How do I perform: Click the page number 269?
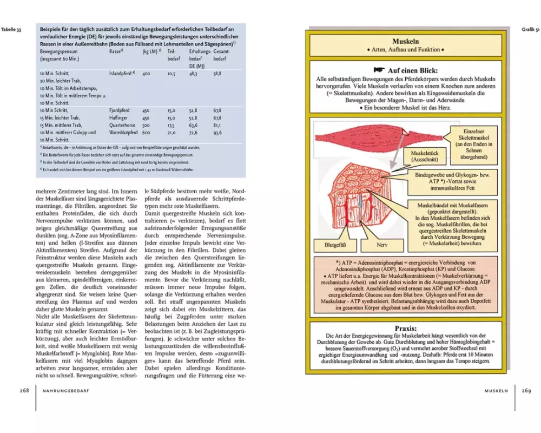(x=526, y=390)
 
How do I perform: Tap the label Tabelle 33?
(x=12, y=29)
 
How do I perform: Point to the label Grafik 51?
(x=529, y=29)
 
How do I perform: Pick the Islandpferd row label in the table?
(x=121, y=73)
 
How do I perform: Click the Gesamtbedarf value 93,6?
(x=218, y=132)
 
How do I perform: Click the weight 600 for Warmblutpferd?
(x=146, y=132)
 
